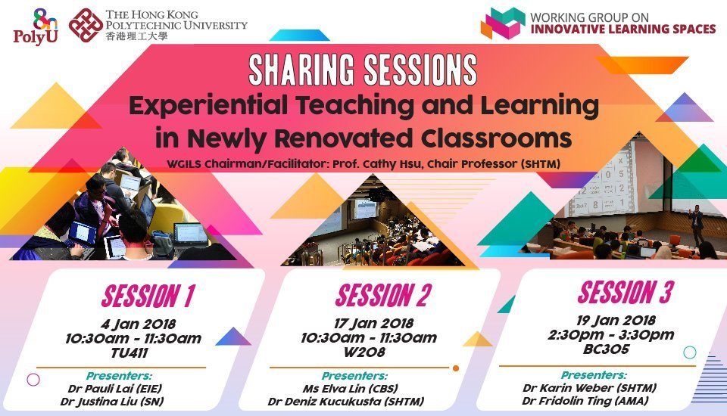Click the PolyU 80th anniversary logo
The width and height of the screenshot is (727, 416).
point(36,26)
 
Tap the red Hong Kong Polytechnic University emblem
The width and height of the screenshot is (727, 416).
point(86,25)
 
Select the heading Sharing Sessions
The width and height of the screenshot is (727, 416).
point(363,70)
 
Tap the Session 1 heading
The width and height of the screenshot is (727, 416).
point(148,296)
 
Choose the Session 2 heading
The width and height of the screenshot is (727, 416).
point(383,295)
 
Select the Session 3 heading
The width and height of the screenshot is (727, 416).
point(625,292)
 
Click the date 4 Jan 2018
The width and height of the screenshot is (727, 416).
point(138,324)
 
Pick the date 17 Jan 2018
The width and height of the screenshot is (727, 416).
point(373,324)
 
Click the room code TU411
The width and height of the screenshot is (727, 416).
point(129,353)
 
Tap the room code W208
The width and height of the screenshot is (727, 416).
point(364,352)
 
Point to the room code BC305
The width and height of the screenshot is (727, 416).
point(607,349)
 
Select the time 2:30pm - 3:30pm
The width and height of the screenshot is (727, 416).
point(611,334)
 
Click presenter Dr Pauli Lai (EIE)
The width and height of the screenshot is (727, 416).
point(115,388)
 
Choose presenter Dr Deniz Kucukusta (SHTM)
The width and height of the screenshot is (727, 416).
point(346,401)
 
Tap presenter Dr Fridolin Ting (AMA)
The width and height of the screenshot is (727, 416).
point(585,401)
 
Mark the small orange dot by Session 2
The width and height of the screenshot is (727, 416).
point(456,368)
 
